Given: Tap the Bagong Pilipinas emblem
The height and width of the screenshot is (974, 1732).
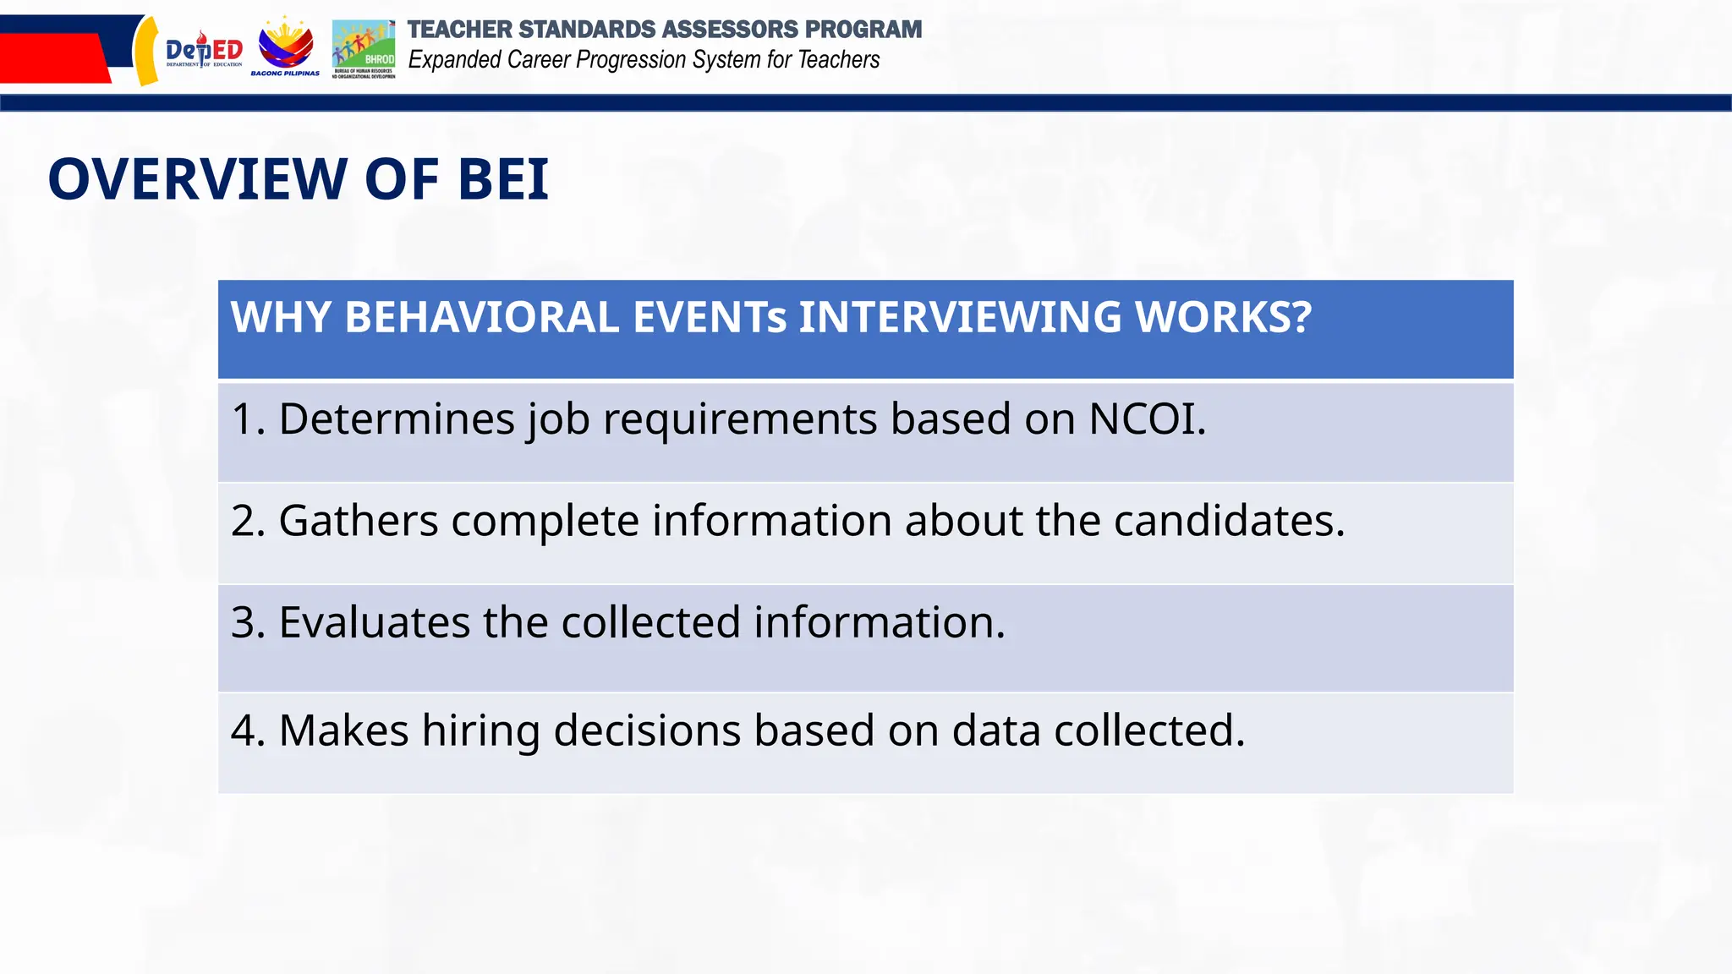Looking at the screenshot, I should [x=285, y=47].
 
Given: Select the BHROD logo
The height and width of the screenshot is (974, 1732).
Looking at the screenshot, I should [x=364, y=48].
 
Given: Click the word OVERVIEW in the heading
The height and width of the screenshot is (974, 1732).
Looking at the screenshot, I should [x=198, y=179].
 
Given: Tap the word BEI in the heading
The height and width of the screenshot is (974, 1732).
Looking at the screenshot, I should [x=503, y=179].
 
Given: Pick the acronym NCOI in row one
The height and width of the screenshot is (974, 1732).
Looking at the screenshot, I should [x=1146, y=419].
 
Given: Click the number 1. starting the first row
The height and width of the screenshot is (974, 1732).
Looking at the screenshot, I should [x=247, y=419].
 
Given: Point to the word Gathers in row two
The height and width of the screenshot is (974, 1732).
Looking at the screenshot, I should [x=359, y=521].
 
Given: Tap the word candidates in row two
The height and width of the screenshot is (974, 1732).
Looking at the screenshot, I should [x=1228, y=521].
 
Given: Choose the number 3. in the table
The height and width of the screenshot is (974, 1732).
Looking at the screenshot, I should [x=248, y=623].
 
